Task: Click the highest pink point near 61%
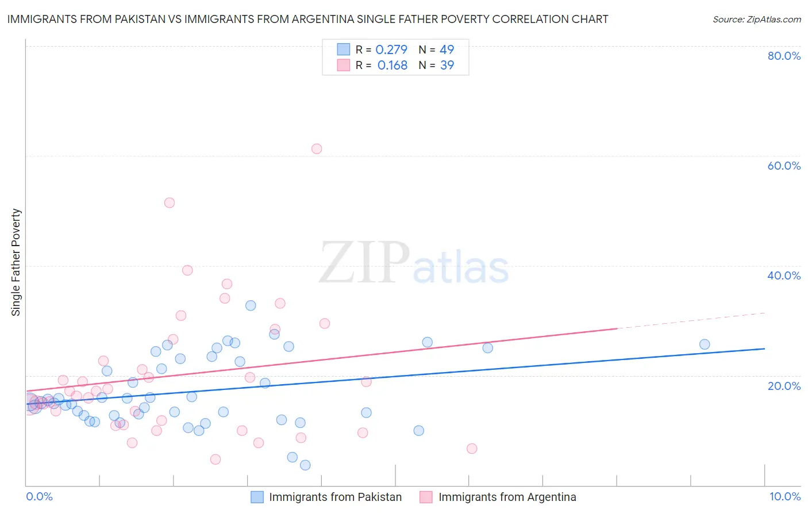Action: [x=317, y=149]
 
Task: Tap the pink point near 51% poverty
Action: [x=170, y=202]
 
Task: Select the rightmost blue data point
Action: [x=705, y=344]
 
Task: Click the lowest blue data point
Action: [x=305, y=465]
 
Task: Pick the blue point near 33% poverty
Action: [x=251, y=305]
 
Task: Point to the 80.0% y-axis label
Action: [x=784, y=56]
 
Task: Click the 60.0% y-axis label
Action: [x=784, y=166]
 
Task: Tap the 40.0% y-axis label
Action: [x=784, y=275]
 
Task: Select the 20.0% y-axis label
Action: [x=784, y=386]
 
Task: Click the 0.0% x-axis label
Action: [x=39, y=496]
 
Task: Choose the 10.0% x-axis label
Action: [x=784, y=496]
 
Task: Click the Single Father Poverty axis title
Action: [x=16, y=262]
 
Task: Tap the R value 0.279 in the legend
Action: [x=391, y=49]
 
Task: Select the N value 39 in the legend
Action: [x=447, y=66]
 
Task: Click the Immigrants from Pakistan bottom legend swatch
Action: [x=257, y=497]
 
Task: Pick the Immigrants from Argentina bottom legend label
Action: [x=507, y=497]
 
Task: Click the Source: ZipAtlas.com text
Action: [x=756, y=20]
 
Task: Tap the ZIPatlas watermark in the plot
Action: [x=414, y=263]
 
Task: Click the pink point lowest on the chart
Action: [x=216, y=459]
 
